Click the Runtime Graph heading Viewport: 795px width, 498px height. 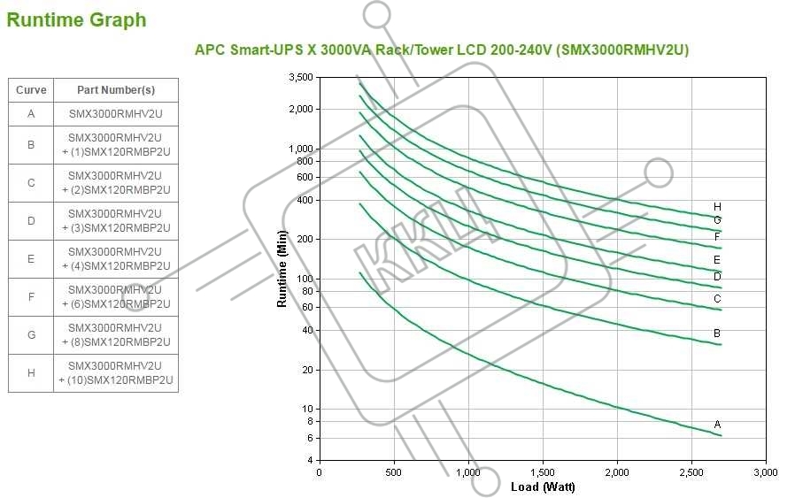point(76,20)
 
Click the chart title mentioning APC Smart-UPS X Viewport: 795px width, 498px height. point(442,50)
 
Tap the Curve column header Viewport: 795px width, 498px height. point(31,90)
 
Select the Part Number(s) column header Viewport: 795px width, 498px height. point(116,90)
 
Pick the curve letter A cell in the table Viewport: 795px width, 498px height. point(31,115)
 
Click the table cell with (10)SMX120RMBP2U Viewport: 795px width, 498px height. point(116,373)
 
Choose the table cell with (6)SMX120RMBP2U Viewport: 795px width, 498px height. point(116,297)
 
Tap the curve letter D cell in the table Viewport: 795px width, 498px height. point(31,221)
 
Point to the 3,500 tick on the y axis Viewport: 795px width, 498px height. point(301,78)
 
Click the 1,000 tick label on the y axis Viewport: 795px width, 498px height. point(301,149)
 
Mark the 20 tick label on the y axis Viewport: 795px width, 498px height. point(306,370)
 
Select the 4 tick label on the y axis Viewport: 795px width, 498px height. point(309,460)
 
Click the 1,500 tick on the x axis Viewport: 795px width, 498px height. point(543,473)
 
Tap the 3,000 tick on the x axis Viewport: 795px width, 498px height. point(765,473)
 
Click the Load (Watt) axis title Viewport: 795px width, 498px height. point(543,487)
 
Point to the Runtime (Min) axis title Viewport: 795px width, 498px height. point(282,268)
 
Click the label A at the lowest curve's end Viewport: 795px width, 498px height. point(717,425)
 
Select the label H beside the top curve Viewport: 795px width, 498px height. point(717,207)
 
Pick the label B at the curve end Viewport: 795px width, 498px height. point(717,333)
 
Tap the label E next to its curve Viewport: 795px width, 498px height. point(717,260)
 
